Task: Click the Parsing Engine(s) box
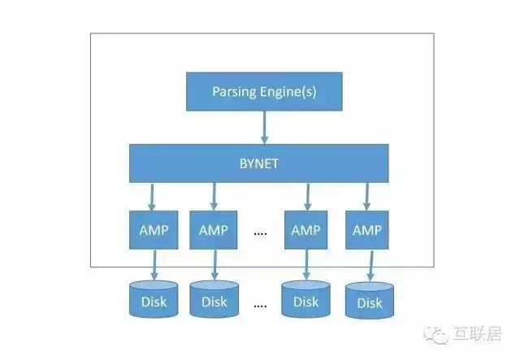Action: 264,92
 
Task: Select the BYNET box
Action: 258,163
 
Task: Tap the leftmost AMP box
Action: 154,230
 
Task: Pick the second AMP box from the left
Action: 213,230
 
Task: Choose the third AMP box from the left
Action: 305,230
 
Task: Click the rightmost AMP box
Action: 366,230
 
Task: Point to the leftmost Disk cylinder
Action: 154,299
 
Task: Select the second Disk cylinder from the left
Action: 214,299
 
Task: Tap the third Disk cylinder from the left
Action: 305,299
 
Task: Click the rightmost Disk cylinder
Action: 370,301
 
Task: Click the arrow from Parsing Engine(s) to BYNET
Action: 264,128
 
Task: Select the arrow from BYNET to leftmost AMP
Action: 152,197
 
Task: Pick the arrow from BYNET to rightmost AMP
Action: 366,197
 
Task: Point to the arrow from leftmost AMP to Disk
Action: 154,265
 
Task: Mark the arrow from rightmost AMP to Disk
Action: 371,266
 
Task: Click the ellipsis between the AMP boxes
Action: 260,233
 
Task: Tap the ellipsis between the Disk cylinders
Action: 260,306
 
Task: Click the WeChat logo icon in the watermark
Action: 435,335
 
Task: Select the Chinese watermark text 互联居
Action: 477,334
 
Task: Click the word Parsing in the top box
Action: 234,92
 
